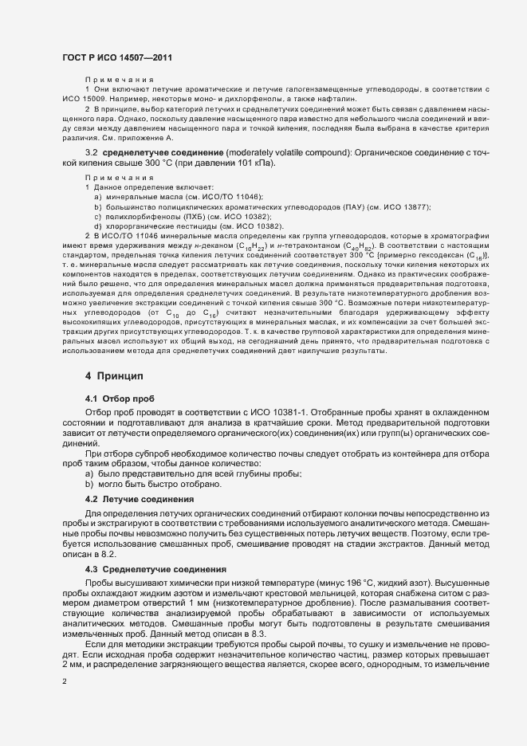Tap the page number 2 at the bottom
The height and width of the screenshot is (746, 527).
pos(64,681)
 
